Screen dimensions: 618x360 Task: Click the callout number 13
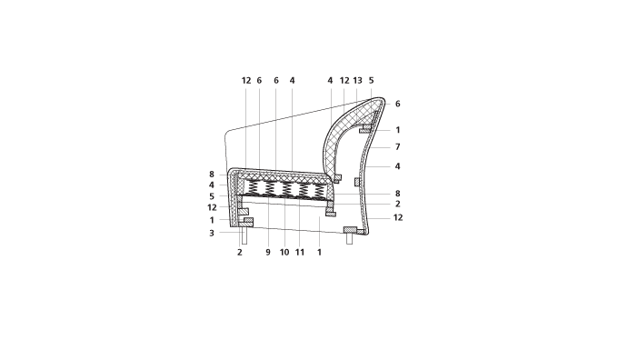point(357,80)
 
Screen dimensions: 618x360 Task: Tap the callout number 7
point(398,147)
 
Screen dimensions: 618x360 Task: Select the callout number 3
point(212,233)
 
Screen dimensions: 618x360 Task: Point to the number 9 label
point(268,253)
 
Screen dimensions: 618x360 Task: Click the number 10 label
point(284,253)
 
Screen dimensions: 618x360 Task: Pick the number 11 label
point(300,253)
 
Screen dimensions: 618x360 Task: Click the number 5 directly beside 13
point(372,80)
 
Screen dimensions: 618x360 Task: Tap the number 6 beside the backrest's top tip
point(398,104)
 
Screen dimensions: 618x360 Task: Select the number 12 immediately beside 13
point(344,80)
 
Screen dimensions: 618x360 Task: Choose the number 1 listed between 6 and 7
point(398,130)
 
